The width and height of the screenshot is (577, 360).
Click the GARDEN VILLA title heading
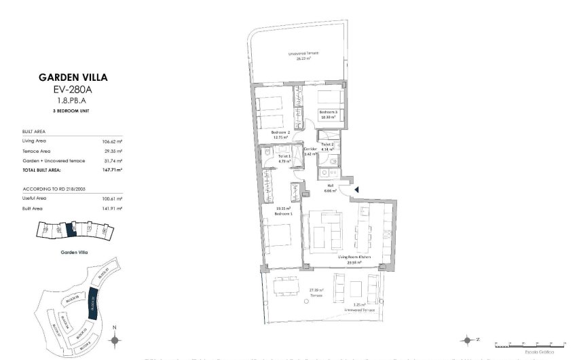click(73, 77)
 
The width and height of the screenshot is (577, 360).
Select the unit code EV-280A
click(73, 89)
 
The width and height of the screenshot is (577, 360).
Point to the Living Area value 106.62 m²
click(112, 141)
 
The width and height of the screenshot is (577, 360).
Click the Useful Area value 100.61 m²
click(112, 199)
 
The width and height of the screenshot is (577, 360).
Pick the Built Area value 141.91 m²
click(112, 209)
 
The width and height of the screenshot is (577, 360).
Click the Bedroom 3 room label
click(329, 113)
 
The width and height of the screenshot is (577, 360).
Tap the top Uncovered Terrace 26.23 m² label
click(303, 56)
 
